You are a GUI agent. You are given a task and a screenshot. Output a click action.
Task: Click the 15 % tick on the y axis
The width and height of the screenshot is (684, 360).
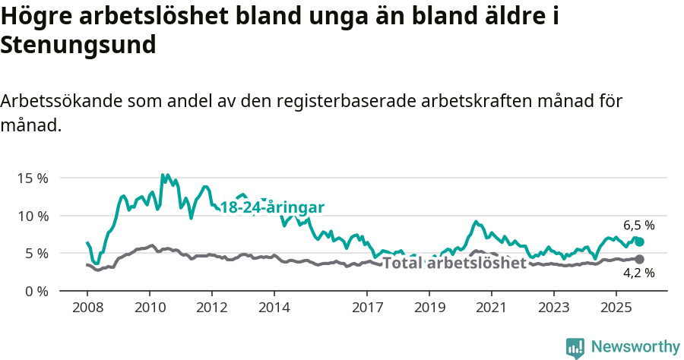click(x=33, y=178)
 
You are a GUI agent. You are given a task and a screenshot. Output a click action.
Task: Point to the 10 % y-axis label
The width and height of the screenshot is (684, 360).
click(x=33, y=216)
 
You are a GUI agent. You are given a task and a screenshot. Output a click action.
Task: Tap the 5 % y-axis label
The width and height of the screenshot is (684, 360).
click(x=36, y=253)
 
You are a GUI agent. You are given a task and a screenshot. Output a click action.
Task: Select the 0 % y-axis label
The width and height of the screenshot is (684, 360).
click(x=36, y=291)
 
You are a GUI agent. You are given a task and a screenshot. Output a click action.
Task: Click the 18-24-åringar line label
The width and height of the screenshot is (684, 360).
click(x=272, y=207)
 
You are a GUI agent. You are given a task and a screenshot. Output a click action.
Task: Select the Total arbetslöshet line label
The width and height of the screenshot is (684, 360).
click(x=454, y=264)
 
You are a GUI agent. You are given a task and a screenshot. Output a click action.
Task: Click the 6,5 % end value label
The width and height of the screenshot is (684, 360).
click(x=639, y=225)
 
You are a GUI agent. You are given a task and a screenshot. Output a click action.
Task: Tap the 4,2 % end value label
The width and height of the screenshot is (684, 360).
click(x=639, y=273)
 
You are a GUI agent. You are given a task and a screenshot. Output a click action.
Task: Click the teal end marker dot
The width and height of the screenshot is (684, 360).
click(x=640, y=242)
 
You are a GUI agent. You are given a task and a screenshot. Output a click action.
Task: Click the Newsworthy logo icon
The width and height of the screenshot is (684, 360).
click(x=575, y=347)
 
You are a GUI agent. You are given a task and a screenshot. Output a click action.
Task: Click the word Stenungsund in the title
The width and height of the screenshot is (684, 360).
click(x=78, y=45)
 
